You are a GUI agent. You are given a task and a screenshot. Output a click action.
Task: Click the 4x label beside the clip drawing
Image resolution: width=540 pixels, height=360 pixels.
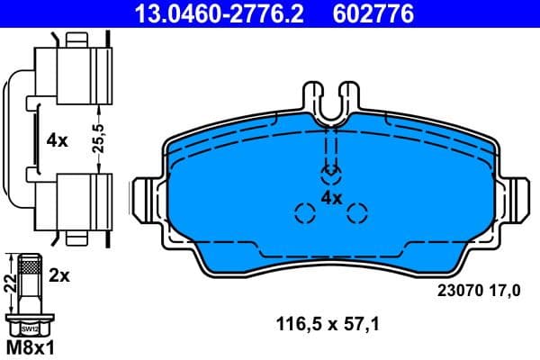(x=57, y=140)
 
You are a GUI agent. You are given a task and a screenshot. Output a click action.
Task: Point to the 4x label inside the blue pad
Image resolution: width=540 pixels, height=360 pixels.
(x=331, y=197)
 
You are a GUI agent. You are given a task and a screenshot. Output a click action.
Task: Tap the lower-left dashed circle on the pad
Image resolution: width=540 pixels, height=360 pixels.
(x=305, y=213)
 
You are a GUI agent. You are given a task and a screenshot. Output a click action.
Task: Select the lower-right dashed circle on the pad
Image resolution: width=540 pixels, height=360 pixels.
(x=357, y=213)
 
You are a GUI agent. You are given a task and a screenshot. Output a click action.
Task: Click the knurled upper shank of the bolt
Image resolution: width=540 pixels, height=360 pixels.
(x=30, y=267)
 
